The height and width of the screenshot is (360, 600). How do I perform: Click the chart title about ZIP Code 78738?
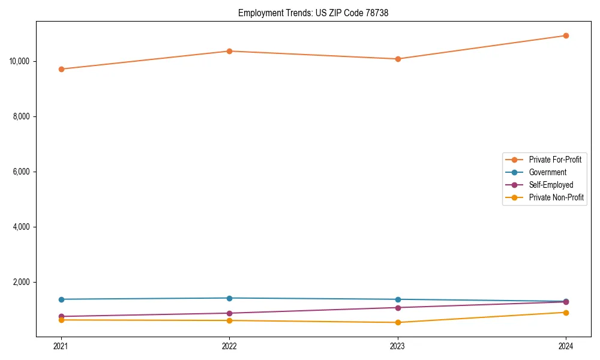[313, 13]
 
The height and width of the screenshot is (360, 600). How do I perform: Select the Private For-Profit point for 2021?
[61, 69]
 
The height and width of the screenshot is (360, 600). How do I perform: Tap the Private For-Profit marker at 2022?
[229, 51]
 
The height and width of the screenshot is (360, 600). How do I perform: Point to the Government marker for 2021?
[61, 299]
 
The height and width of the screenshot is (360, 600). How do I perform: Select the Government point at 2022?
[229, 298]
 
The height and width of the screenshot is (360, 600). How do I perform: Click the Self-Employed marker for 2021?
[61, 316]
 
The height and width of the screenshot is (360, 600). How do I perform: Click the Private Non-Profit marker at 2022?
[229, 320]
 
